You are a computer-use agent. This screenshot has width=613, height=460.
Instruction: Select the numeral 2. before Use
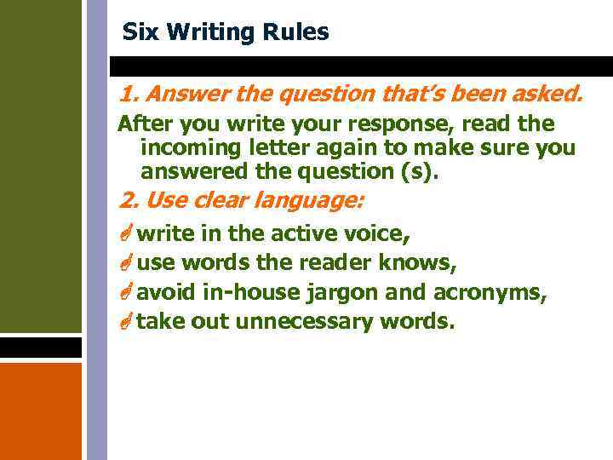click(129, 201)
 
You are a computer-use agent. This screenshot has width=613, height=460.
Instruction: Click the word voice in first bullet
click(382, 233)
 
